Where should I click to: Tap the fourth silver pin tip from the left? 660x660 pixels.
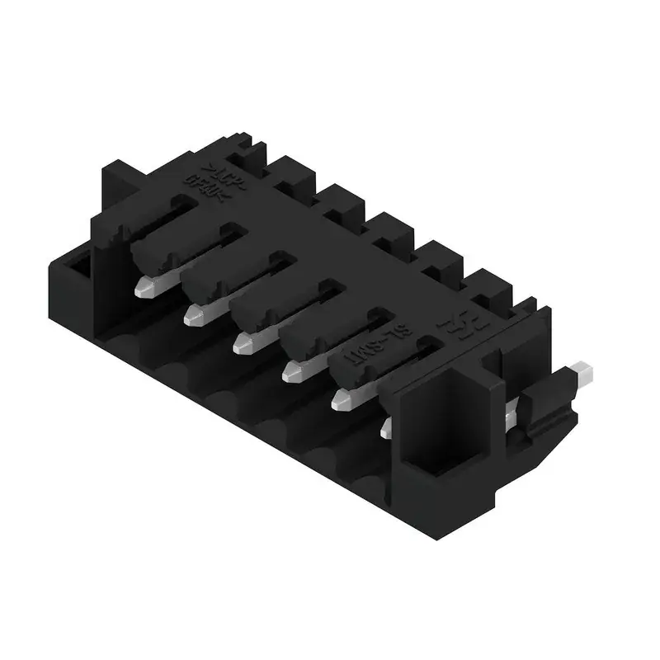point(291,372)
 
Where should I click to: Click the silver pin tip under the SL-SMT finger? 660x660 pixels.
point(341,400)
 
